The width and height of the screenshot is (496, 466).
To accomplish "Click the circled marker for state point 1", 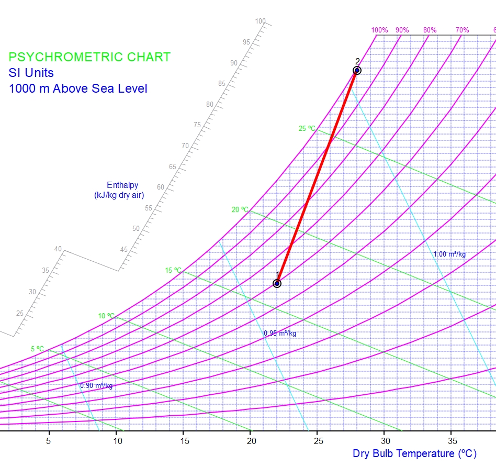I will point(277,283).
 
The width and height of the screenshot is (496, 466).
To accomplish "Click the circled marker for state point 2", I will point(357,70).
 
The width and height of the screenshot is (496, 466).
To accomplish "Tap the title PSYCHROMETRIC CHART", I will point(89,57).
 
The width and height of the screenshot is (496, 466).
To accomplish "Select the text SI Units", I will point(31,73).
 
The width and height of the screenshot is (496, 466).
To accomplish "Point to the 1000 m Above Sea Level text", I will point(78,88).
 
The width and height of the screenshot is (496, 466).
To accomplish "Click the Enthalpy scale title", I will point(119,190).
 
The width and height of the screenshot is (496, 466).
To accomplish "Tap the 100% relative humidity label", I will point(379,30).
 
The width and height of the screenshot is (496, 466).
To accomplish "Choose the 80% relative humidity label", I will point(430,30).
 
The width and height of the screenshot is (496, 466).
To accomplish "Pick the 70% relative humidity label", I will point(462,30).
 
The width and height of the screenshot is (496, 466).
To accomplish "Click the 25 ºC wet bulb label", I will point(307,128).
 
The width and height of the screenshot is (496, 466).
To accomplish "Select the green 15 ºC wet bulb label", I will point(173,271).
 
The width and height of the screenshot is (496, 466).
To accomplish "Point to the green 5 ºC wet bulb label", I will point(37,349).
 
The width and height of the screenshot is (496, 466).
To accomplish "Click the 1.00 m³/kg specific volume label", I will point(449,254).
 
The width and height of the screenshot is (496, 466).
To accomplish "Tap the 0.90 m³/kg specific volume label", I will point(96,386).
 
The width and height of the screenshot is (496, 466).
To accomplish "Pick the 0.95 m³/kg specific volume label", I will point(280,333).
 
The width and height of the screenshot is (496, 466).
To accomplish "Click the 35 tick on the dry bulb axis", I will point(450,441).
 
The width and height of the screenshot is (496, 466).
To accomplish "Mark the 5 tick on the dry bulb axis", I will point(49,441).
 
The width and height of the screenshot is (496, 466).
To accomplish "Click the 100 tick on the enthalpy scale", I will point(261,21).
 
